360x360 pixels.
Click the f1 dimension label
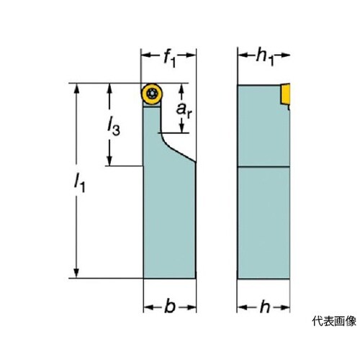(x=169, y=59)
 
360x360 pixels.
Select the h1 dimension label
(x=265, y=58)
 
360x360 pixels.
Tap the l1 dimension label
(x=80, y=183)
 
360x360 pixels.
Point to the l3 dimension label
(x=113, y=127)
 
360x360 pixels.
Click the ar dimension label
(x=184, y=110)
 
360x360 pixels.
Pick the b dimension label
(x=170, y=306)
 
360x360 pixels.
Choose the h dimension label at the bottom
(x=265, y=307)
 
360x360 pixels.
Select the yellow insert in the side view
(x=286, y=94)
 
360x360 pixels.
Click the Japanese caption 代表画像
(x=334, y=321)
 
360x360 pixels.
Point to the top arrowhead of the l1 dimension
(x=76, y=89)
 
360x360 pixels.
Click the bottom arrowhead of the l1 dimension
(x=76, y=273)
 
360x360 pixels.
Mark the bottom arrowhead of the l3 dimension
(x=109, y=161)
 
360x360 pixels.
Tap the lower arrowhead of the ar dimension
(x=182, y=127)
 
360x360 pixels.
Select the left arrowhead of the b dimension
(x=149, y=307)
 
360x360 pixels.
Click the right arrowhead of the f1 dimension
(x=191, y=55)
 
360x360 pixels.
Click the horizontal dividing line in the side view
(x=264, y=166)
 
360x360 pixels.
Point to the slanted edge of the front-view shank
(x=179, y=150)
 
